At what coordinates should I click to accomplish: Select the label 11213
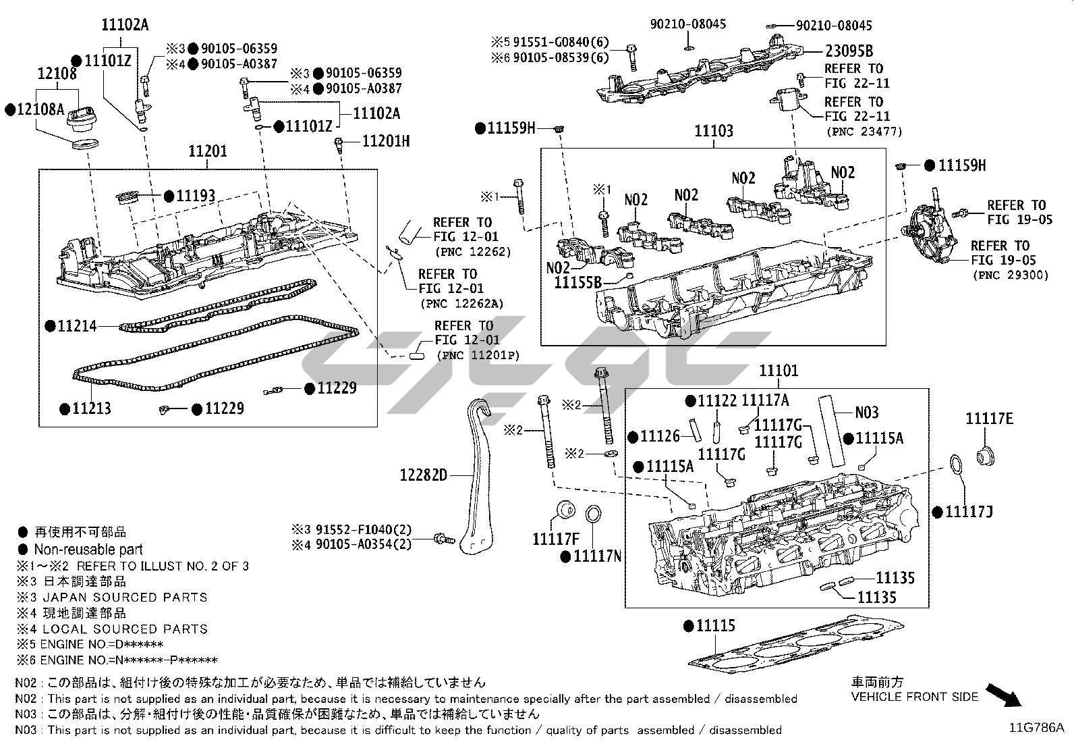92,408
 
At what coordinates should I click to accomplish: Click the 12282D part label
423,475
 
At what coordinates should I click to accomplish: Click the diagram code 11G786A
1036,728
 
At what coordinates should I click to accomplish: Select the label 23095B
849,51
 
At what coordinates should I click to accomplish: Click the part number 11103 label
713,131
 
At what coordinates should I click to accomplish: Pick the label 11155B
577,282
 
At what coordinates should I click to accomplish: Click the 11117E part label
989,419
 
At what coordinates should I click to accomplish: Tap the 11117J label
969,512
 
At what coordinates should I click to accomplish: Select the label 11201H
386,141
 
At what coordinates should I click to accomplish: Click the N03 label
867,412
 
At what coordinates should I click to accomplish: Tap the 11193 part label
196,196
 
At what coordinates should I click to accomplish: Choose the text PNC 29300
1011,275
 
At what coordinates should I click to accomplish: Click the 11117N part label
597,556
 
